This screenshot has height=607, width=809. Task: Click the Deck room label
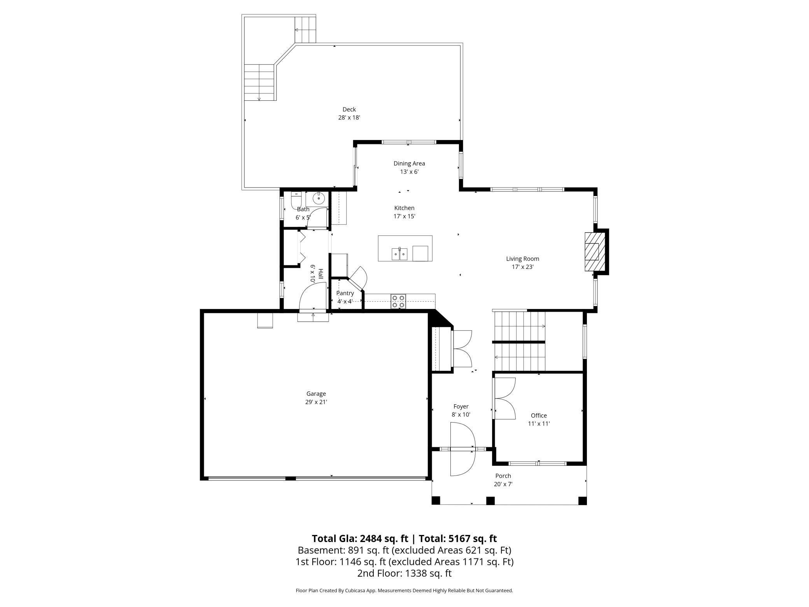(x=349, y=109)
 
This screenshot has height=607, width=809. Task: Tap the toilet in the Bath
(x=296, y=200)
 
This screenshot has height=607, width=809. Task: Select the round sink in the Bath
(x=319, y=198)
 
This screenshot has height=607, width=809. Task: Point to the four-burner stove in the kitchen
(x=398, y=302)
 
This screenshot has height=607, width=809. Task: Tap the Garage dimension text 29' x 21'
(x=316, y=402)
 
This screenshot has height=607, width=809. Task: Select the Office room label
(x=539, y=416)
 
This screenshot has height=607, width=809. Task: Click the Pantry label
(x=345, y=293)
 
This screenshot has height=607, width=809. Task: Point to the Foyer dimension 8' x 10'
(x=461, y=415)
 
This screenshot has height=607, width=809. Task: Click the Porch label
(x=503, y=476)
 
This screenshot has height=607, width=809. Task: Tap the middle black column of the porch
(x=490, y=500)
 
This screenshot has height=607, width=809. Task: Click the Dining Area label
(x=409, y=163)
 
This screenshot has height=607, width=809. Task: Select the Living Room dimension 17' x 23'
(x=522, y=267)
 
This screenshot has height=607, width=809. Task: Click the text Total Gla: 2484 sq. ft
(x=360, y=539)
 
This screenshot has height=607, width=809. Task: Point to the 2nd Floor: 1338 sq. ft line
(x=404, y=573)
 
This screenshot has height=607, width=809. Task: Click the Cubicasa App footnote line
(x=404, y=591)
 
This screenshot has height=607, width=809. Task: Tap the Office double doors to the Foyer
(x=504, y=398)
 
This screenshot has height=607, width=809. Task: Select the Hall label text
(x=320, y=274)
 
